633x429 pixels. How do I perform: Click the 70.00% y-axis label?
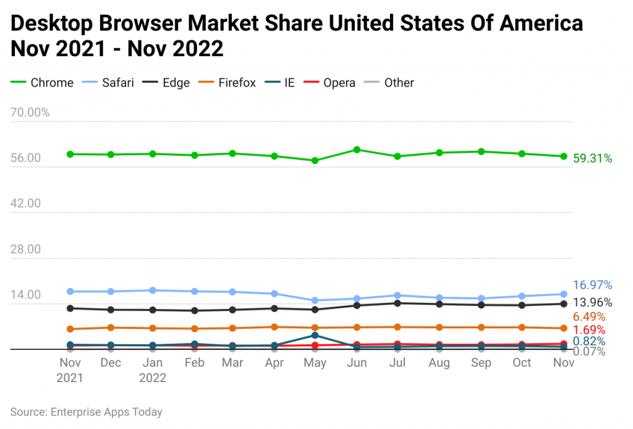30,113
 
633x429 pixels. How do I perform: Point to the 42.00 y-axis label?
25,203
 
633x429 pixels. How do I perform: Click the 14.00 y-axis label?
25,295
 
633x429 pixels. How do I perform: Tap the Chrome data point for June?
357,150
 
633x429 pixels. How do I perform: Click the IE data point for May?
315,336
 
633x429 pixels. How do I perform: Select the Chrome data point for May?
315,161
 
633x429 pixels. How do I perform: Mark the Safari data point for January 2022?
152,290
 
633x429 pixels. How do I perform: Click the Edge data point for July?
397,303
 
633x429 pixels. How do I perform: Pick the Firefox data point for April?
274,327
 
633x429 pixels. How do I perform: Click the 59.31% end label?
592,159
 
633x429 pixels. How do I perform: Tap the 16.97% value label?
592,285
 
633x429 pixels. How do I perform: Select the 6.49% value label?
588,316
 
